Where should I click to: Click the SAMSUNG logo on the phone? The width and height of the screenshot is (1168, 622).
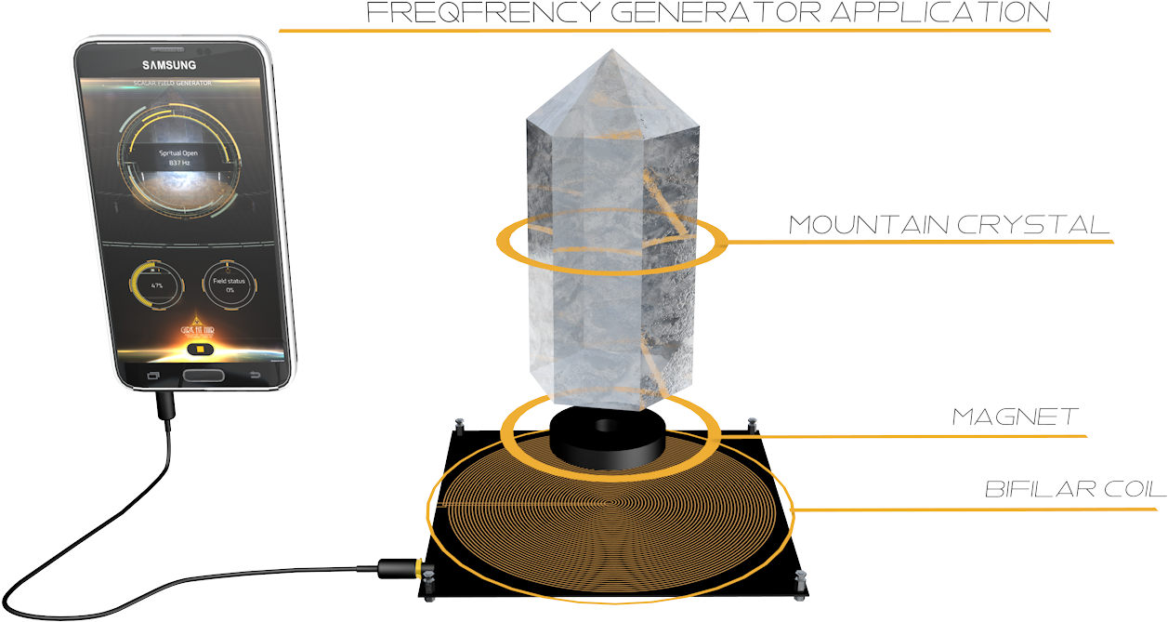pyautogui.click(x=168, y=65)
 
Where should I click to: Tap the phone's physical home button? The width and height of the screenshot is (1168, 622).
pyautogui.click(x=203, y=376)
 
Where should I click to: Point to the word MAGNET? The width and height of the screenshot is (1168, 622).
pyautogui.click(x=1015, y=417)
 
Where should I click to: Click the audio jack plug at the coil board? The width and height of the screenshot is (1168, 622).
pyautogui.click(x=401, y=565)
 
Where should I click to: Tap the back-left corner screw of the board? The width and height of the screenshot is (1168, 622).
pyautogui.click(x=459, y=425)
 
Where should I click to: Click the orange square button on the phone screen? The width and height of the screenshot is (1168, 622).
pyautogui.click(x=198, y=350)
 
